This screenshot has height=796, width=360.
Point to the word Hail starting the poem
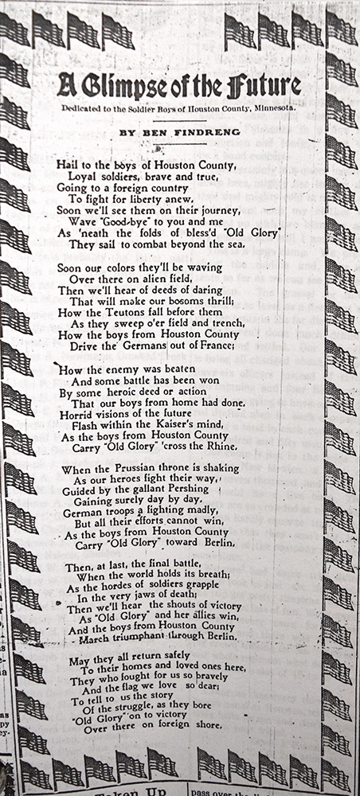point(68,163)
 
